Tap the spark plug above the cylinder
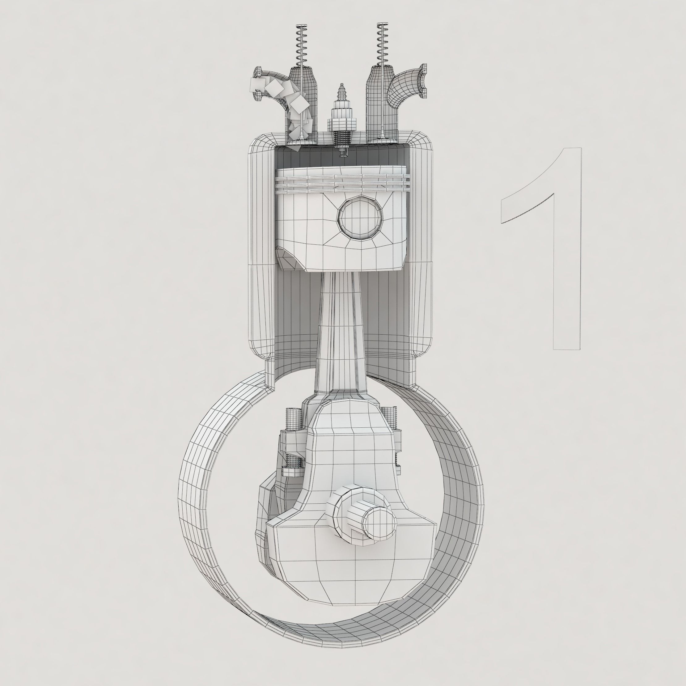341,114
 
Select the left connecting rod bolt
294,444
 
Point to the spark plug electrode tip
343,153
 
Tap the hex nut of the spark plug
341,124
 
